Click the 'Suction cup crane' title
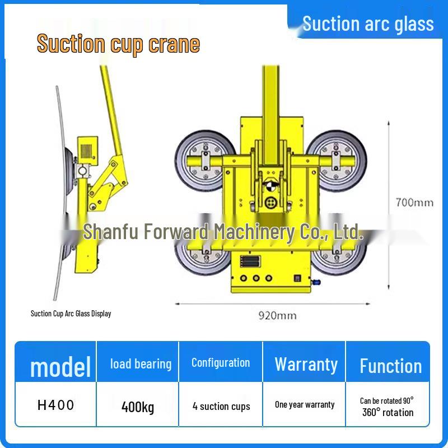(118, 44)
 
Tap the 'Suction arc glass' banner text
(368, 24)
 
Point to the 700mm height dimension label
(414, 203)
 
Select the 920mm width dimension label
(277, 316)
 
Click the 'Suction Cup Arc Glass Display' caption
(71, 314)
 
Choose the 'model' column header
(60, 367)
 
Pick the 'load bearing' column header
(141, 364)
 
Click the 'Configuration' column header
(221, 363)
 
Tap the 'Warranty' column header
(306, 365)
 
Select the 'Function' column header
(390, 366)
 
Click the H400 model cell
(55, 405)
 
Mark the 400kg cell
(138, 407)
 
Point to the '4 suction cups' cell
(221, 406)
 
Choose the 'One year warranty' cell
(305, 404)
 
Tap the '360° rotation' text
(388, 412)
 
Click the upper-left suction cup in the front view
(205, 161)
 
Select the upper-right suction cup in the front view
(337, 161)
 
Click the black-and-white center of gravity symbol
(270, 186)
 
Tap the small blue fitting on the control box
(316, 282)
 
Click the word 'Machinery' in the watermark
(254, 231)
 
